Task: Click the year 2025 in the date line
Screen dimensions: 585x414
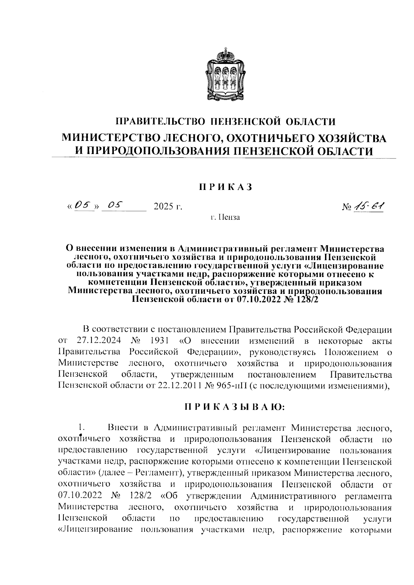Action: point(164,207)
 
